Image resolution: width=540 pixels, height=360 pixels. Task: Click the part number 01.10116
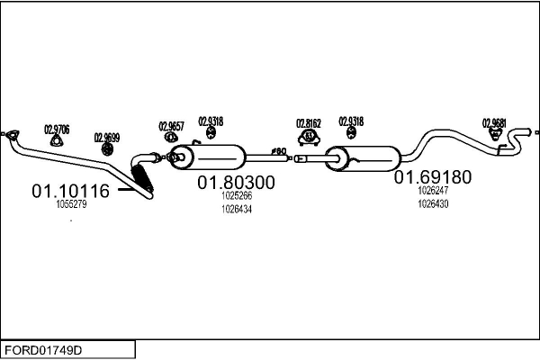[70, 191]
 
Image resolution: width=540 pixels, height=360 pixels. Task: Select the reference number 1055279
[71, 204]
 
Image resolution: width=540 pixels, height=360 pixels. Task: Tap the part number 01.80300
[236, 182]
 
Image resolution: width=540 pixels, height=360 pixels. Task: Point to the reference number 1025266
[236, 195]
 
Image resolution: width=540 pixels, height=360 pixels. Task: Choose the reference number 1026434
[236, 209]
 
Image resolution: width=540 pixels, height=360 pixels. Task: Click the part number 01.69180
[432, 177]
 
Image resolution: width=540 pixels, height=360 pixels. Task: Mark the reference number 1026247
[433, 191]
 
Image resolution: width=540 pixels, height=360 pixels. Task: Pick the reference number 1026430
[433, 203]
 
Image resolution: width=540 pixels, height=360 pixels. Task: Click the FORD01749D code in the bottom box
[42, 348]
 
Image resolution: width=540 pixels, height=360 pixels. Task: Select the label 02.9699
[107, 138]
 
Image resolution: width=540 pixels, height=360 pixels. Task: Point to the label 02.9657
[172, 126]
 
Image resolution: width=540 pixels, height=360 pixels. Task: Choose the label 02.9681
[494, 122]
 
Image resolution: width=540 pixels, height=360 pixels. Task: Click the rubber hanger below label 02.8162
[310, 137]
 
